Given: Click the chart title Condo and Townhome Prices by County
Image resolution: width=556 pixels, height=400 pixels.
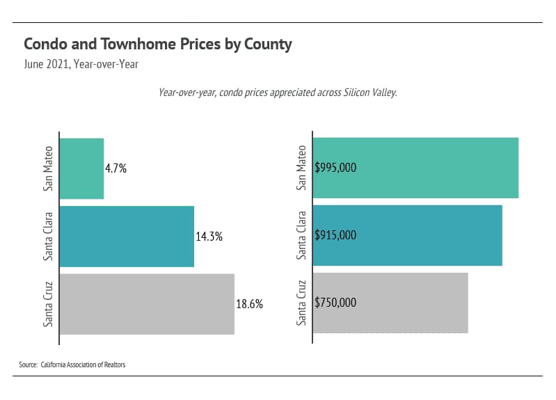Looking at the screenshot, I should tap(157, 45).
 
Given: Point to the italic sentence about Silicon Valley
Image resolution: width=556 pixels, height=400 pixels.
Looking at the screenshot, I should tap(278, 93).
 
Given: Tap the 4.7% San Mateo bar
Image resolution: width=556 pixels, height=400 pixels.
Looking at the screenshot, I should tap(81, 168).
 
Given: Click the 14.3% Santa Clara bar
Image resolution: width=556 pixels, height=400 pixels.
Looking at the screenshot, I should tap(127, 237).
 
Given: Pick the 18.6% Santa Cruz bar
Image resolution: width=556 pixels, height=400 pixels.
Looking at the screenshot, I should tap(147, 304).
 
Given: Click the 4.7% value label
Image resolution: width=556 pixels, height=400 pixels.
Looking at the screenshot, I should tap(116, 168).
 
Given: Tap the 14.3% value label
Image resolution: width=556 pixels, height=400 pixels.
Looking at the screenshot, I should tap(209, 237).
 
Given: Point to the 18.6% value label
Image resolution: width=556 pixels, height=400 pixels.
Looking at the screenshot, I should tap(249, 304).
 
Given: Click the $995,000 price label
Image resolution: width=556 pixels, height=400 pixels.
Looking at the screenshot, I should tap(335, 168).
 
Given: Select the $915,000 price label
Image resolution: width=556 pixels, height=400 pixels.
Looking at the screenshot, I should tap(335, 235).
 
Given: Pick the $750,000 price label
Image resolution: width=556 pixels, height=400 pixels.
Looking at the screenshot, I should tap(335, 303).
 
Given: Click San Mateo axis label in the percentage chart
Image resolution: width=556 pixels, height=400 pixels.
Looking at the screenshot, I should tap(48, 168).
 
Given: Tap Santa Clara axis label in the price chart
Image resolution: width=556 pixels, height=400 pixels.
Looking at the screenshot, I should tap(301, 235).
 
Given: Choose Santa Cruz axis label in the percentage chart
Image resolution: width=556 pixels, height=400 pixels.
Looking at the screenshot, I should tap(48, 304).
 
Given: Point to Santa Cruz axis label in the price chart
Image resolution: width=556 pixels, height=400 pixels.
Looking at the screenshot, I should tap(301, 303).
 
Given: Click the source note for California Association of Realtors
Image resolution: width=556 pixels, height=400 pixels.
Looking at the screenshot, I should tap(72, 365).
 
